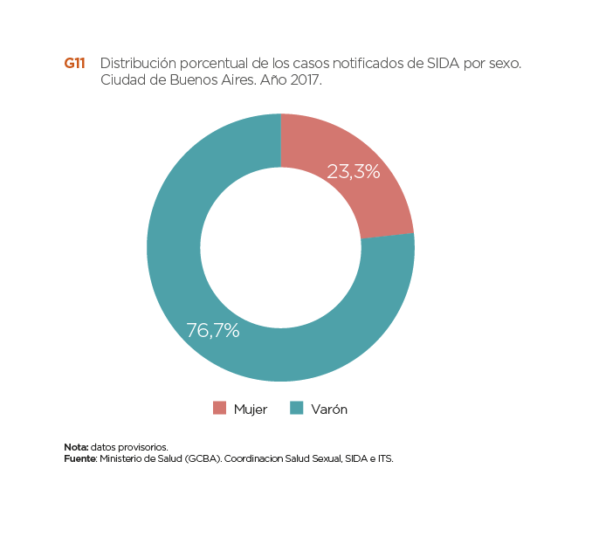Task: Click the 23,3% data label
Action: (353, 172)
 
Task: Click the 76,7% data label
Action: (213, 331)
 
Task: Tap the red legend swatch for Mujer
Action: (219, 409)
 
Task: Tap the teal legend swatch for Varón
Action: (297, 409)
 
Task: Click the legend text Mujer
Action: (251, 409)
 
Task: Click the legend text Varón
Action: (329, 409)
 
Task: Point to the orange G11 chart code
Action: (74, 64)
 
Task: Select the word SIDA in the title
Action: (444, 64)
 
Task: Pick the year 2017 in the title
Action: (304, 80)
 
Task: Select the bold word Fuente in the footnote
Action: (80, 457)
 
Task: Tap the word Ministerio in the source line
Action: (123, 457)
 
